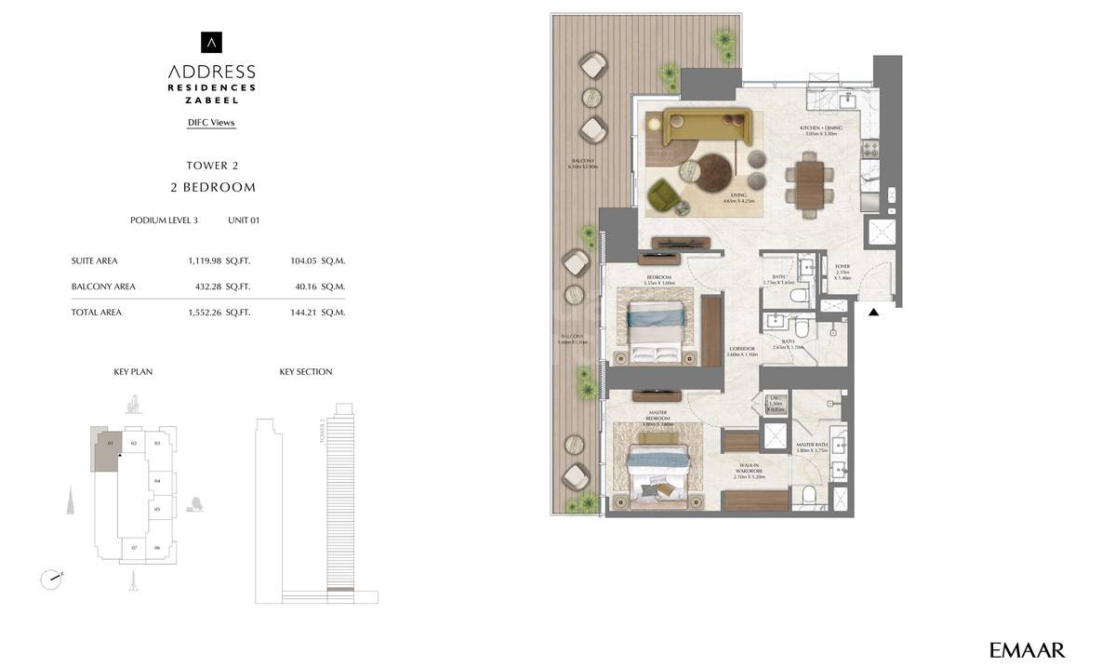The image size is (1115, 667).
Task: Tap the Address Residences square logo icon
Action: (x=212, y=43)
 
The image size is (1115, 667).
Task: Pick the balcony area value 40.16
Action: (x=307, y=287)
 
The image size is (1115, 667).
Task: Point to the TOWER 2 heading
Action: (x=212, y=166)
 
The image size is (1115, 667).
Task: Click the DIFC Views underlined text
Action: (x=211, y=123)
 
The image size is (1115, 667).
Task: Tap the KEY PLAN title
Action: (x=133, y=372)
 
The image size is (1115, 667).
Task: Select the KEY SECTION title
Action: (x=305, y=372)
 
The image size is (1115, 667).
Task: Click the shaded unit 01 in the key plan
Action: (x=105, y=451)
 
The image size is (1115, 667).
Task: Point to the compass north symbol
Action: (x=51, y=579)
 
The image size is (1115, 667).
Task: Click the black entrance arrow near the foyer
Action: (x=873, y=313)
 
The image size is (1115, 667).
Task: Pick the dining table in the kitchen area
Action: (x=804, y=184)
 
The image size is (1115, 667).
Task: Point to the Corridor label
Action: (x=741, y=352)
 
